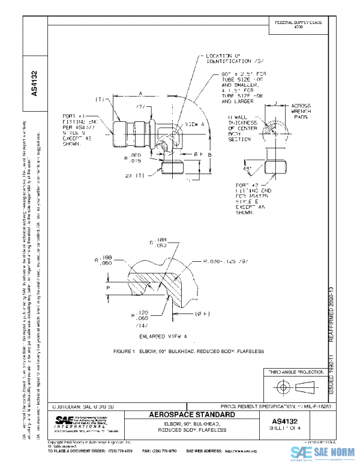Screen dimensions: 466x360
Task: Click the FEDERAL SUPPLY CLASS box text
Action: click(x=298, y=23)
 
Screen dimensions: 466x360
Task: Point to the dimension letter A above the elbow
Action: click(x=140, y=94)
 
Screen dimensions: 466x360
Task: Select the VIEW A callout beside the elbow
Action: click(x=191, y=125)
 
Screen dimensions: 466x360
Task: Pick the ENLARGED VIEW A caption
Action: click(x=163, y=337)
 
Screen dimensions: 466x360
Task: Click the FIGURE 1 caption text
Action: click(x=181, y=350)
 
